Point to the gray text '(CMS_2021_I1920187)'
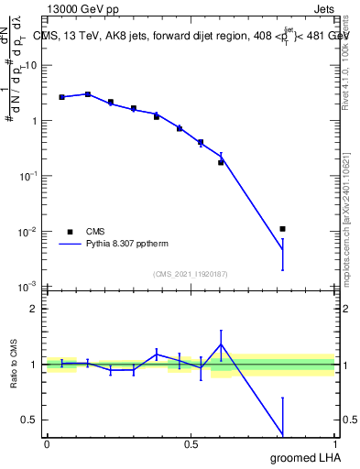(x=191, y=273)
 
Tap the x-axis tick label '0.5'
(x=191, y=444)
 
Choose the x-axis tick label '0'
(x=47, y=444)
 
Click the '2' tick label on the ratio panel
(x=35, y=309)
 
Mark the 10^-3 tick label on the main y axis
(x=29, y=287)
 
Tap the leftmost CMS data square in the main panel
(x=61, y=96)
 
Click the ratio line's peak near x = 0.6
(x=221, y=344)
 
